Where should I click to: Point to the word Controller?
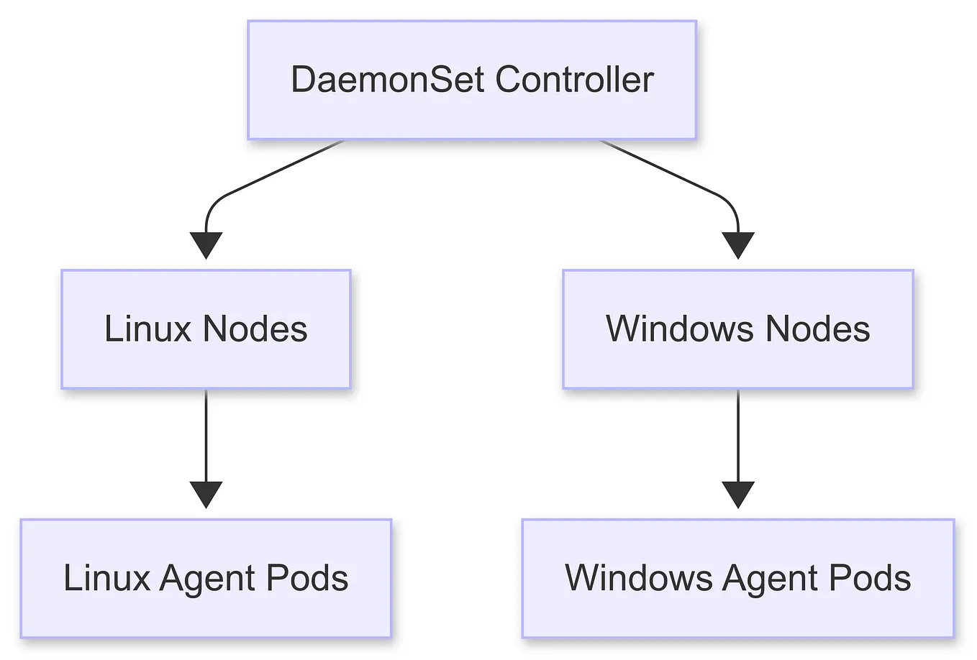coord(574,79)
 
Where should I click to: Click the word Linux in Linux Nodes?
coord(147,329)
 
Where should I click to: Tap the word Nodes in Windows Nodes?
coord(817,329)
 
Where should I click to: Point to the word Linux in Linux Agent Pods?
coord(106,579)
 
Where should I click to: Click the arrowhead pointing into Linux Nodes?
coord(206,244)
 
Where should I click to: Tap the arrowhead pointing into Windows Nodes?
coord(737,244)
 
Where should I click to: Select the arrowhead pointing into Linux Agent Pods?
coord(206,494)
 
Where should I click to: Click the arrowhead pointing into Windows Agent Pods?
coord(737,494)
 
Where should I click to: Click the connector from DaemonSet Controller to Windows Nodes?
coord(662,169)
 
